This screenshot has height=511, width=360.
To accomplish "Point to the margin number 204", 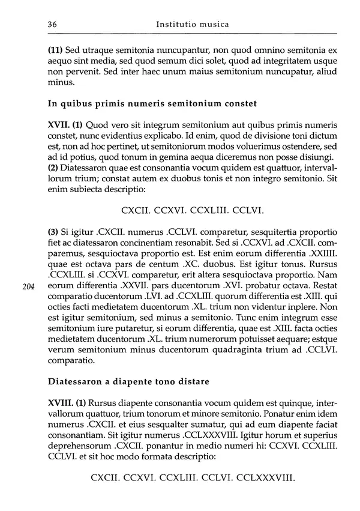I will coord(28,287).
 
